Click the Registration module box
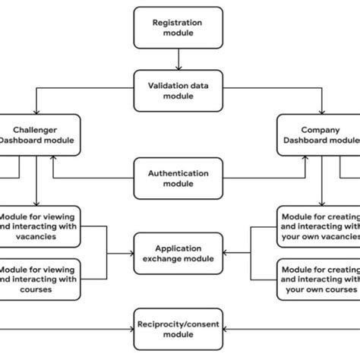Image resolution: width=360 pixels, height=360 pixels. pyautogui.click(x=178, y=27)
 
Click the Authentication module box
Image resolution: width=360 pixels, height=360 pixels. pyautogui.click(x=178, y=178)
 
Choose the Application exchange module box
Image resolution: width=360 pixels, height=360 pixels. pyautogui.click(x=178, y=253)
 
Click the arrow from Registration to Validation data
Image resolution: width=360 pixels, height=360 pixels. pyautogui.click(x=178, y=58)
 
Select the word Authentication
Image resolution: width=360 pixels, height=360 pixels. pyautogui.click(x=178, y=173)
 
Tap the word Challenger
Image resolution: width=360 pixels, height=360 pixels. pyautogui.click(x=39, y=129)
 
